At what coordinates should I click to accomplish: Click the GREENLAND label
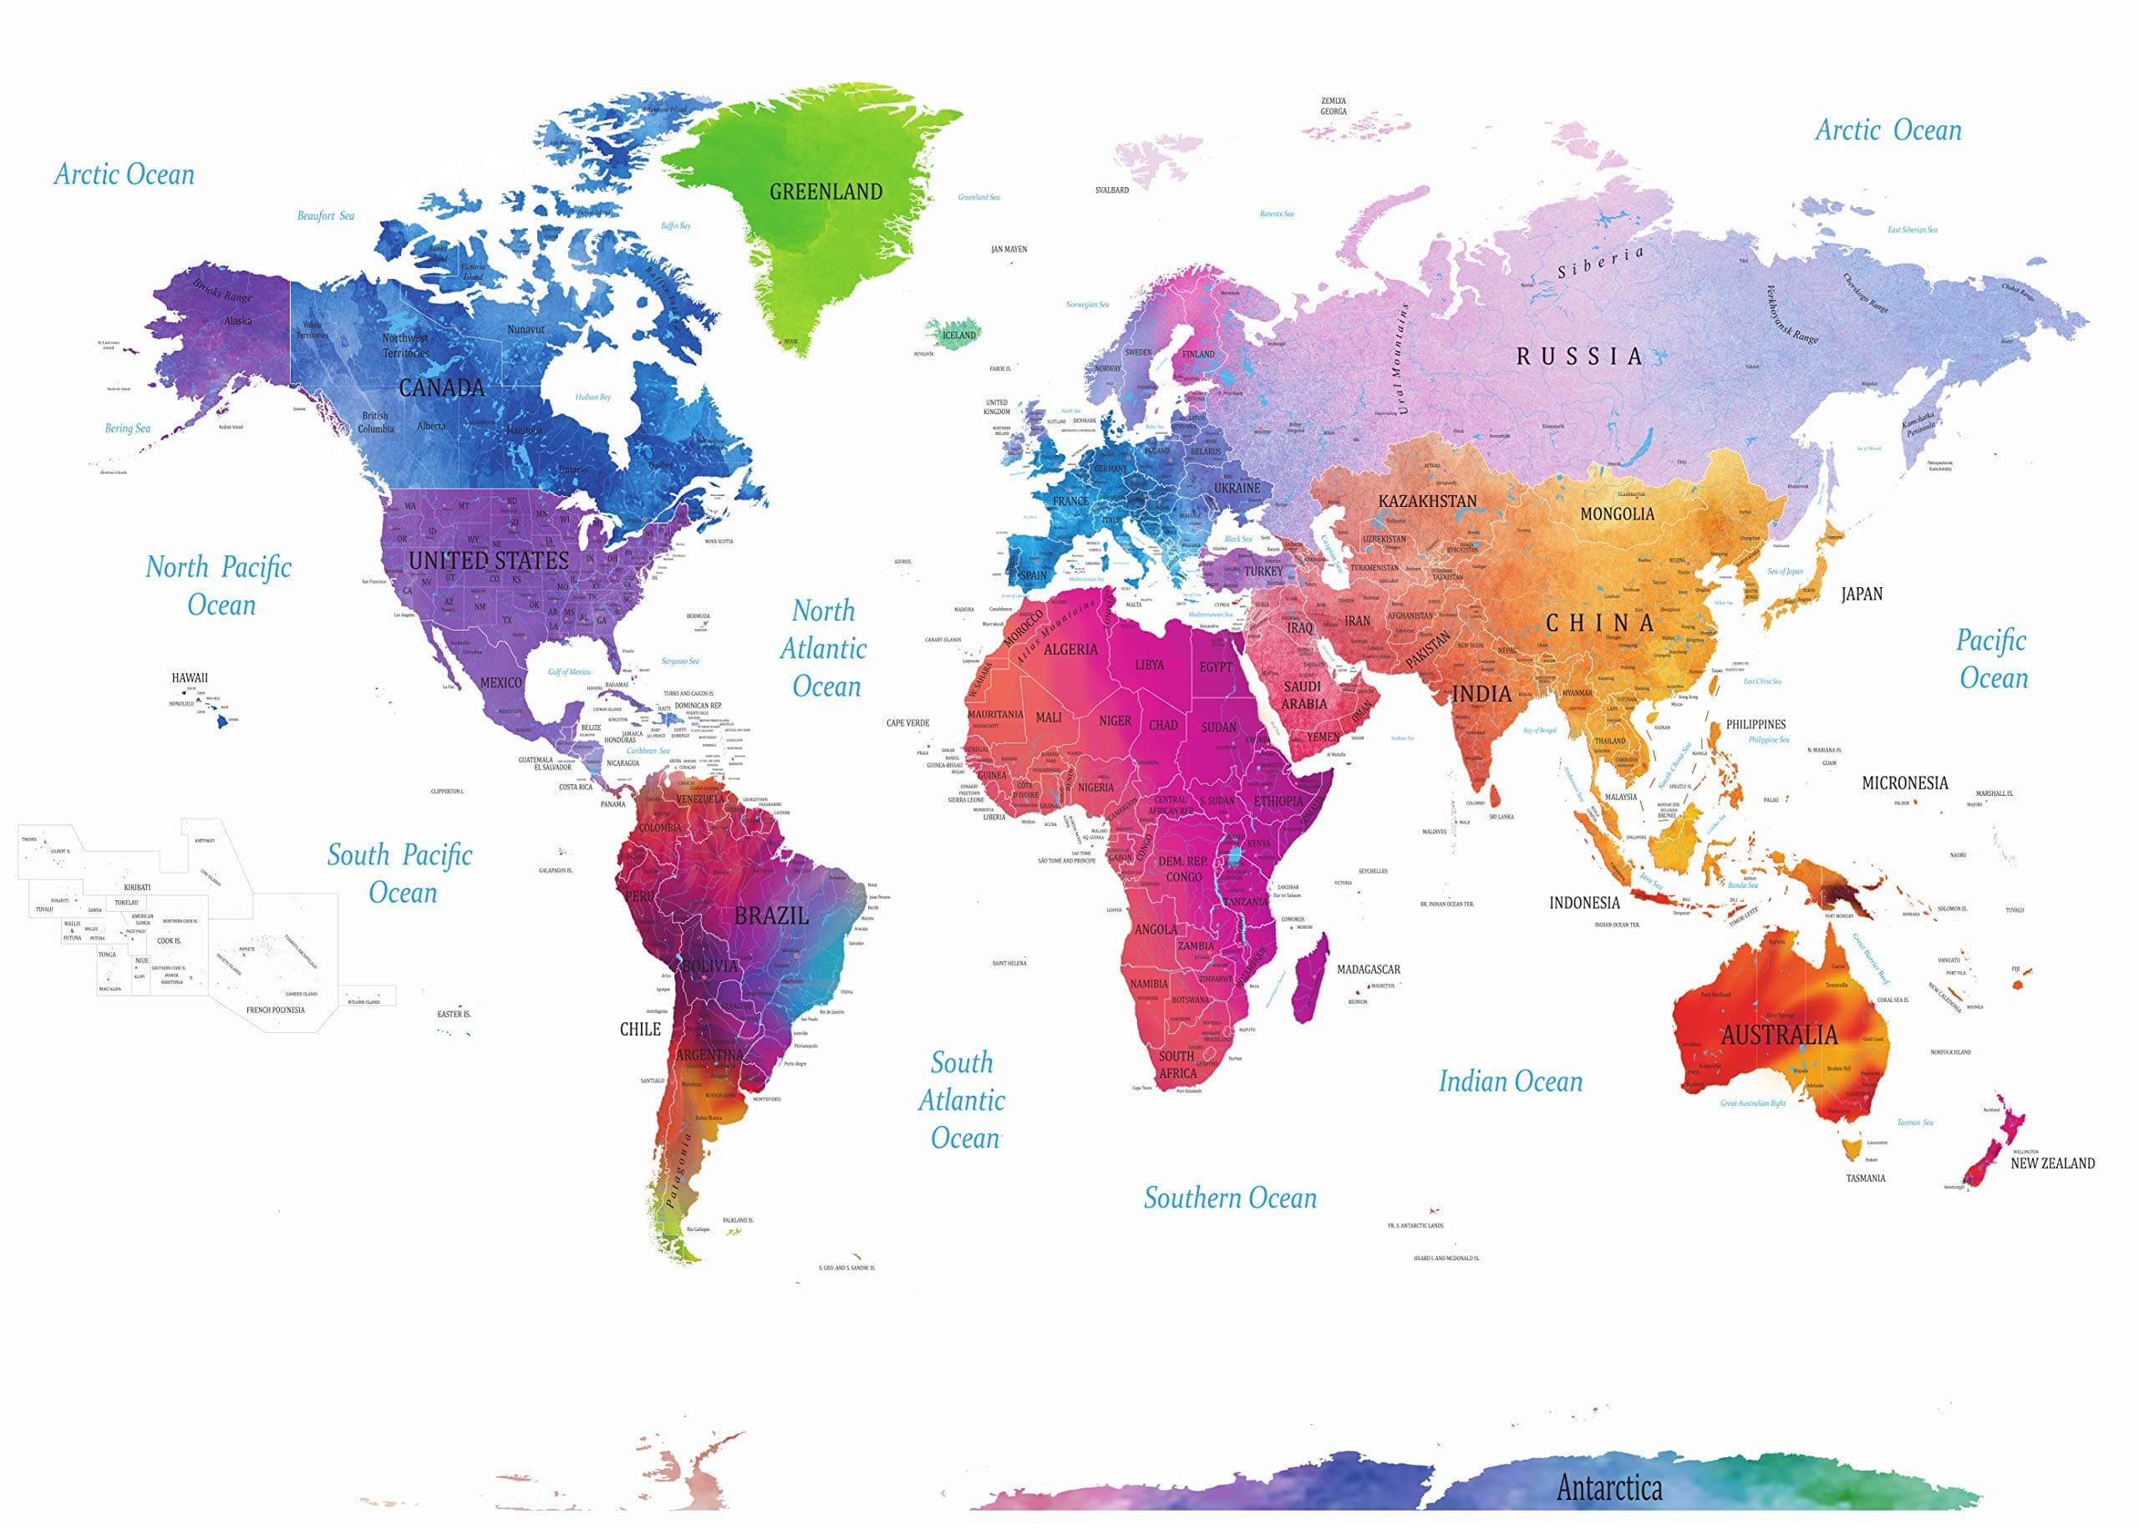(826, 192)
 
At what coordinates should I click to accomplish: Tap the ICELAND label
(959, 334)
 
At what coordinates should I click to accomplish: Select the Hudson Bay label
(592, 397)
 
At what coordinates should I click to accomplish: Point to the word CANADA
(441, 388)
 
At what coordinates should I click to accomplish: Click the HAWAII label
(190, 677)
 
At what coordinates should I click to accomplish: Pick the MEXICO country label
(500, 682)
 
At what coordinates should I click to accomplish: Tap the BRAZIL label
(771, 914)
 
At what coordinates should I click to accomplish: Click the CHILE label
(640, 1029)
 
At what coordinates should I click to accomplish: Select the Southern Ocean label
(1230, 1198)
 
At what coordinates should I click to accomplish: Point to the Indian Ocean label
(1510, 1082)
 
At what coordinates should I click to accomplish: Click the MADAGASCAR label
(1368, 969)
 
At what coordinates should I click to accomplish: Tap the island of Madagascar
(1310, 980)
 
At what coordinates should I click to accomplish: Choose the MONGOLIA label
(1616, 514)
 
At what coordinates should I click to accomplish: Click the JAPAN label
(1861, 594)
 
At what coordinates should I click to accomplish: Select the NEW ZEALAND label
(2052, 1163)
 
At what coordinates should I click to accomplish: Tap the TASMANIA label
(1865, 1178)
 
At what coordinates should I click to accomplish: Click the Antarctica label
(1608, 1487)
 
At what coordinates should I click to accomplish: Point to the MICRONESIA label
(1904, 783)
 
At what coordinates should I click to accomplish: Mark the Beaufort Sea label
(325, 215)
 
